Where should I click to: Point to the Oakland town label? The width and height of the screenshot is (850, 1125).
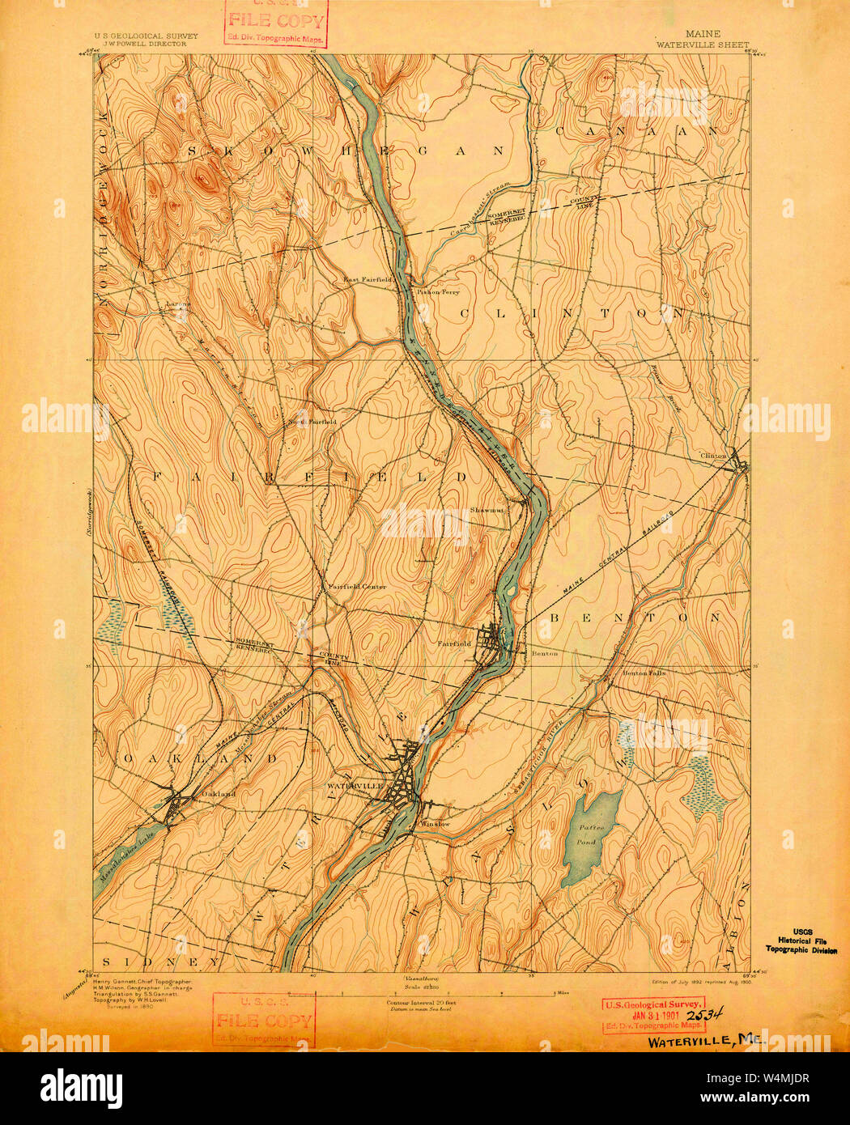tap(218, 794)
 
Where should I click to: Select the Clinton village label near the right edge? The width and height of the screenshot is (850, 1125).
tap(715, 456)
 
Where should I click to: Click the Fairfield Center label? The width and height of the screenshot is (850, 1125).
tap(356, 586)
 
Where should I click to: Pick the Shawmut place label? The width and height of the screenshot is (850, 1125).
tap(487, 511)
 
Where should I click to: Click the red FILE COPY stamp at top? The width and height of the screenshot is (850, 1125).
tap(276, 23)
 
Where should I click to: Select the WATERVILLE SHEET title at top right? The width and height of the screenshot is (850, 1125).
tap(703, 45)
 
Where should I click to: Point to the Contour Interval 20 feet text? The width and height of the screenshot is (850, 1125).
tap(421, 1002)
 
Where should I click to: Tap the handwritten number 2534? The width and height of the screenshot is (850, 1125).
tap(704, 1014)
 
